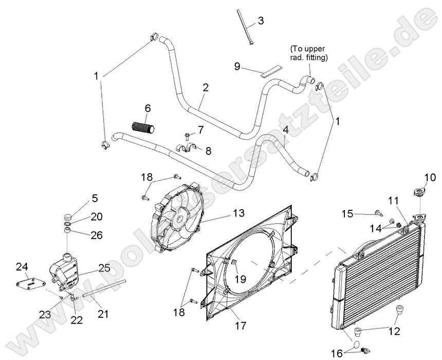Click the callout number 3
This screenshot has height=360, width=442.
[x=261, y=21]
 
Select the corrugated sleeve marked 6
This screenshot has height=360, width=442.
[x=143, y=127]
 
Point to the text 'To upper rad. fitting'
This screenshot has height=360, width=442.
[x=308, y=53]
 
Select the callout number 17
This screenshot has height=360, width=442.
[x=240, y=326]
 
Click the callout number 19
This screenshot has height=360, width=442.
[x=240, y=279]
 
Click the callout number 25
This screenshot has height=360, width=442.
[x=104, y=268]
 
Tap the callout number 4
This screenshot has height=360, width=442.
[x=285, y=131]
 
